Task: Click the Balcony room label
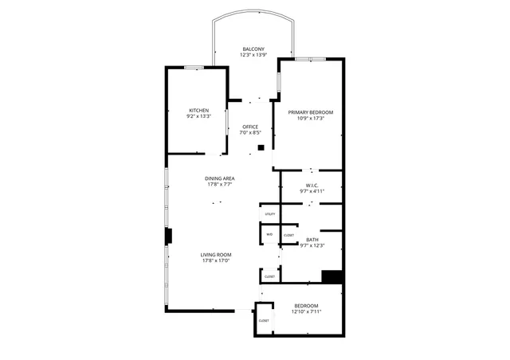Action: tap(253, 49)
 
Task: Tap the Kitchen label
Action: tap(199, 110)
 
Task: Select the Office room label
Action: tap(251, 127)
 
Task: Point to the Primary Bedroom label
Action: tap(311, 112)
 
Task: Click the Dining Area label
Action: tap(219, 179)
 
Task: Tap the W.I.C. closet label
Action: tap(311, 186)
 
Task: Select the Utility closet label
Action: tap(270, 214)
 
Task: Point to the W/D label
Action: tap(269, 234)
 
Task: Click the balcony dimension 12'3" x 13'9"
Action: tap(253, 55)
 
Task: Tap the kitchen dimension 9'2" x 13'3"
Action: tap(199, 116)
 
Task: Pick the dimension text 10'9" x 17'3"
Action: tap(311, 119)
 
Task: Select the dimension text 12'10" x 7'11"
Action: tap(306, 311)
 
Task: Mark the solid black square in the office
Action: tap(261, 147)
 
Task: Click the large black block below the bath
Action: tap(332, 276)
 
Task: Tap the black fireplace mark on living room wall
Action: tap(168, 237)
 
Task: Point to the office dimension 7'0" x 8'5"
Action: tap(251, 132)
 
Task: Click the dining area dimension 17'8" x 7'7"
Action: tap(219, 185)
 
